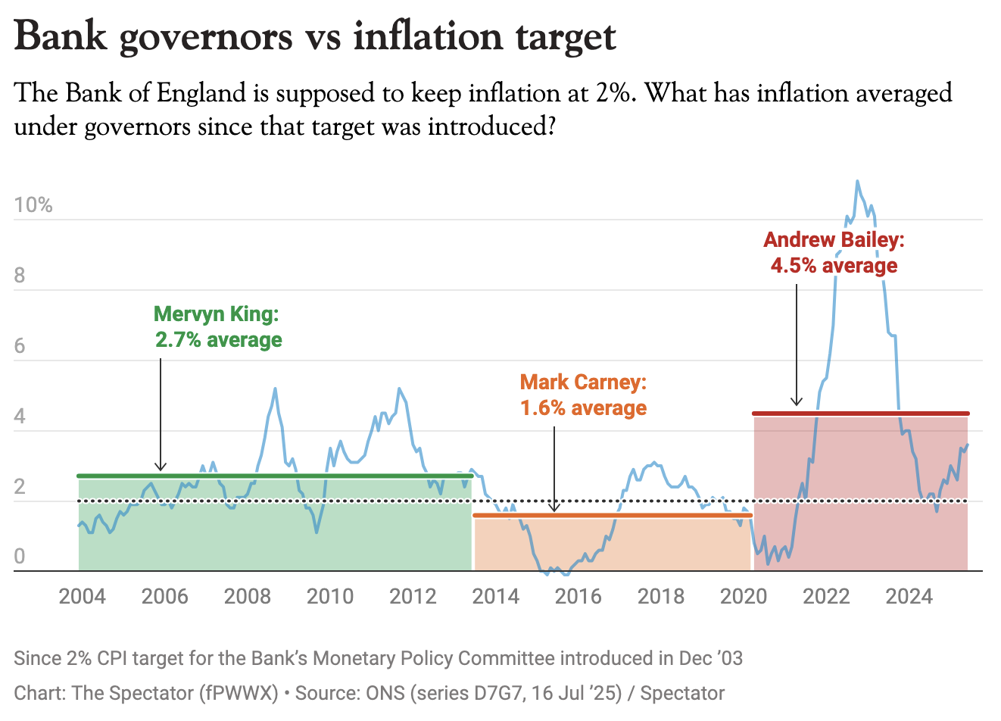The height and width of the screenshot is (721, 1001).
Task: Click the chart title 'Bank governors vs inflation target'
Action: (315, 36)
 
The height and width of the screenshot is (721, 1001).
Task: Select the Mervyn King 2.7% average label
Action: (218, 327)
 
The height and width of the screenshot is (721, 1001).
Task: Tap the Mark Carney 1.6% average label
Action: (583, 395)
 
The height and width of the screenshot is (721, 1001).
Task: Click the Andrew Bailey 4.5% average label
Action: (834, 252)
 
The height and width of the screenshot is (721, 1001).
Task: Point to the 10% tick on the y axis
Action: (33, 205)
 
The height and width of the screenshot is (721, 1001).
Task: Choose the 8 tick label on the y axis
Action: (20, 276)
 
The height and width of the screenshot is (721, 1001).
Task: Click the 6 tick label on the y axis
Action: (20, 346)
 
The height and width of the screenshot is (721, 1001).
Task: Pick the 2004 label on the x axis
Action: (82, 597)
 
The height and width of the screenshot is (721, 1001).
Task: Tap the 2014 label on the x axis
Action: (495, 597)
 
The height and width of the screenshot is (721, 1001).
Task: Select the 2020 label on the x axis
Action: (744, 597)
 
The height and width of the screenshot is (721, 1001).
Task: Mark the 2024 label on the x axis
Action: (909, 597)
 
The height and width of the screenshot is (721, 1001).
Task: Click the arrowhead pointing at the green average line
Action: (161, 467)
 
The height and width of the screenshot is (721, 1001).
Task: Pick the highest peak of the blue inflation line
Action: (857, 181)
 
